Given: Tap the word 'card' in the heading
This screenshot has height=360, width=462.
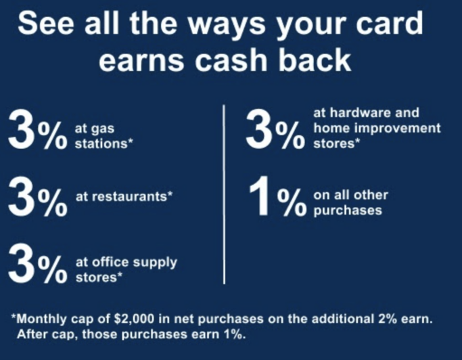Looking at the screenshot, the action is coord(390,23).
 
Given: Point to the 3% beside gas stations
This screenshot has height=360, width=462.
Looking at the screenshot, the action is coord(37,129).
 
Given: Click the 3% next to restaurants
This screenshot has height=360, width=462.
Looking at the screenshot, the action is coord(37,196).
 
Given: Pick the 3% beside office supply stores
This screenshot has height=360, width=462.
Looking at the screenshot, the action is coord(37,263).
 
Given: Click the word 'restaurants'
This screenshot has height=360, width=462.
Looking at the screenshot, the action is coord(121,197).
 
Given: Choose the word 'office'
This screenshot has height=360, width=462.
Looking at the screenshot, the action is coord(111,262).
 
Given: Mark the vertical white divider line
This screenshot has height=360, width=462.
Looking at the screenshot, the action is coord(224,194).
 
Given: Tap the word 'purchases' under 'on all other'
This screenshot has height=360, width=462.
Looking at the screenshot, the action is coord(348,211).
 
